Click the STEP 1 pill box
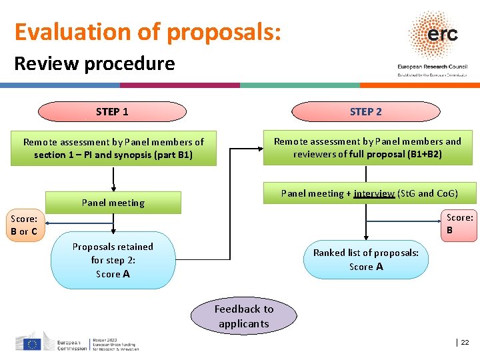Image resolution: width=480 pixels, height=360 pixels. pyautogui.click(x=112, y=111)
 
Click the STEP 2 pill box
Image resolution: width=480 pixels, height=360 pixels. pyautogui.click(x=365, y=111)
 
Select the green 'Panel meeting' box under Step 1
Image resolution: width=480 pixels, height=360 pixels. pyautogui.click(x=113, y=203)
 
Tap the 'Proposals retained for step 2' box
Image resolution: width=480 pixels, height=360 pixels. pyautogui.click(x=113, y=260)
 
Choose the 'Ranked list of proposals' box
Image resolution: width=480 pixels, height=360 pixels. pyautogui.click(x=366, y=259)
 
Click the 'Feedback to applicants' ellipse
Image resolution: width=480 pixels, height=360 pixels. pyautogui.click(x=243, y=316)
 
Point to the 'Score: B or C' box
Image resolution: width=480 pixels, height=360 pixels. pyautogui.click(x=24, y=225)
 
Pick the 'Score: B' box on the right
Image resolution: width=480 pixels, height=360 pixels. pyautogui.click(x=459, y=224)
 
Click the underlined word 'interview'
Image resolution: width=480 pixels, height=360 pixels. pyautogui.click(x=374, y=193)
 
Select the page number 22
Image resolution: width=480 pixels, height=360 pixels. pyautogui.click(x=465, y=342)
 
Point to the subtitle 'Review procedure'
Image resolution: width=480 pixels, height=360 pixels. pyautogui.click(x=94, y=64)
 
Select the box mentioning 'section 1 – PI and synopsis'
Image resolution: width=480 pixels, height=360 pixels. pyautogui.click(x=113, y=148)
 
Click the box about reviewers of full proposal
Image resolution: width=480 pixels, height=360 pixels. pyautogui.click(x=367, y=147)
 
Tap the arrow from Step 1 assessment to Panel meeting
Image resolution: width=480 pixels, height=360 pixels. pyautogui.click(x=113, y=178)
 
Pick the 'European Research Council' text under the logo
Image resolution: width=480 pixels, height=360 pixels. pyautogui.click(x=432, y=67)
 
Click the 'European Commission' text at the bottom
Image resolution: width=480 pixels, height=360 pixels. pyautogui.click(x=72, y=344)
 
